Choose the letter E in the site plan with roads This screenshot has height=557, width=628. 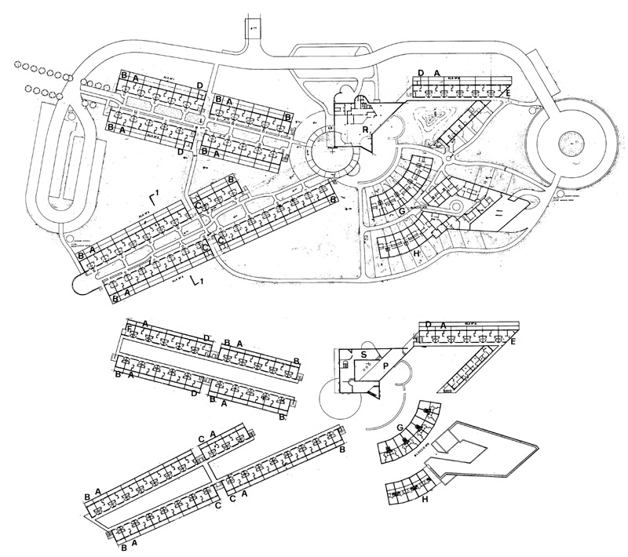point(509,93)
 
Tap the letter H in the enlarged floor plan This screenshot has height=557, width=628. point(425,498)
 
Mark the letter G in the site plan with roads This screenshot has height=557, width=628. point(401,210)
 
